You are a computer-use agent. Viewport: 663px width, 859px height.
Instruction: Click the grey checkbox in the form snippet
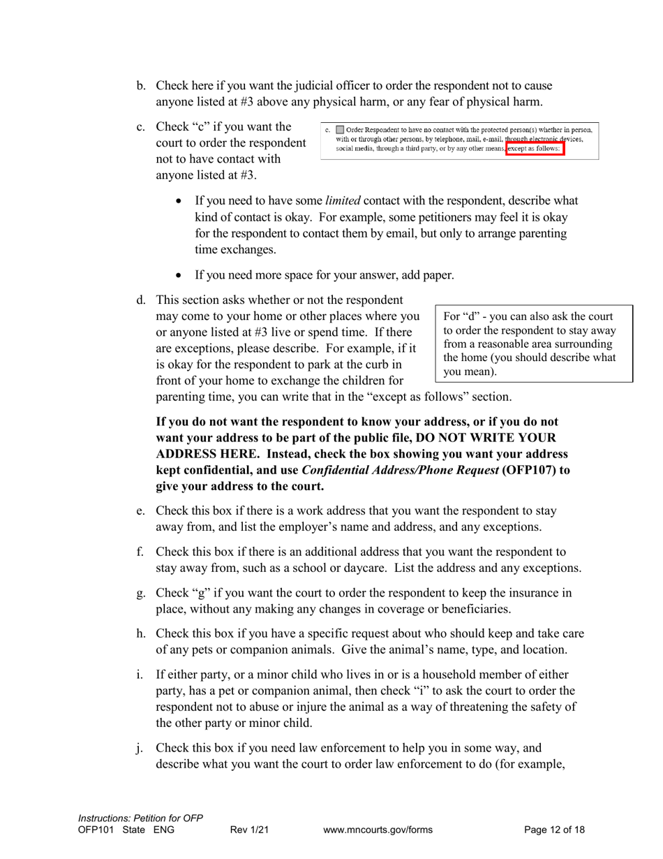click(x=340, y=130)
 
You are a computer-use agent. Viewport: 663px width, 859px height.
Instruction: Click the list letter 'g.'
click(x=141, y=594)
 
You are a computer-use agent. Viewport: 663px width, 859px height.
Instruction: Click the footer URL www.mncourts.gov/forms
click(x=378, y=830)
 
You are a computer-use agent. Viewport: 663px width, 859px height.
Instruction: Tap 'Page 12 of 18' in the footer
click(x=554, y=830)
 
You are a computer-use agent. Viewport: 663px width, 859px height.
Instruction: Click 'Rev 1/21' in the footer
click(x=249, y=830)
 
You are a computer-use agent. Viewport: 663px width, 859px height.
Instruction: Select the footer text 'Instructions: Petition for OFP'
click(x=140, y=818)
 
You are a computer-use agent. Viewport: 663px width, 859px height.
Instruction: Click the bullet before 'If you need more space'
click(x=179, y=276)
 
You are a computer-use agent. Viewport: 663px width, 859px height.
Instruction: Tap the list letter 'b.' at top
click(x=141, y=86)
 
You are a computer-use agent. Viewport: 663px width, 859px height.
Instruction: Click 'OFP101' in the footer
click(x=95, y=830)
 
